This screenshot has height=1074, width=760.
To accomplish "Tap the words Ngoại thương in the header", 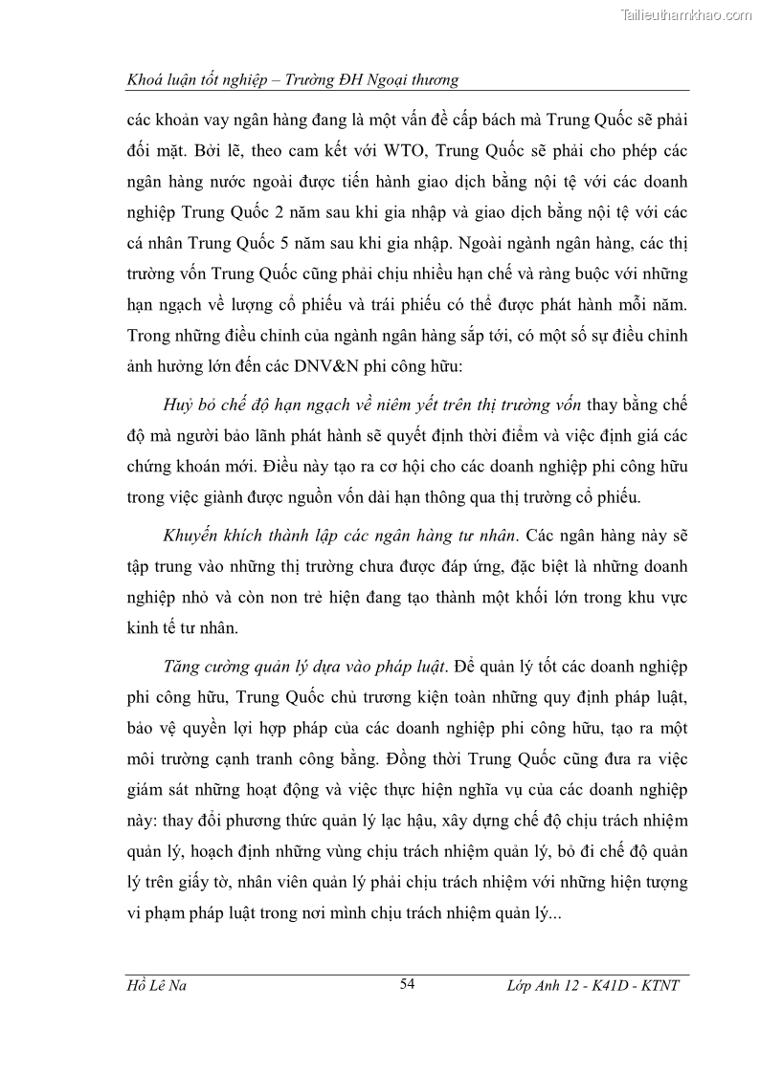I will click(411, 80).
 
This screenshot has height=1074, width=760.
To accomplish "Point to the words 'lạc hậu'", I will click(443, 822).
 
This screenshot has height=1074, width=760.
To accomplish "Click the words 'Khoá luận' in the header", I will click(164, 80).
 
